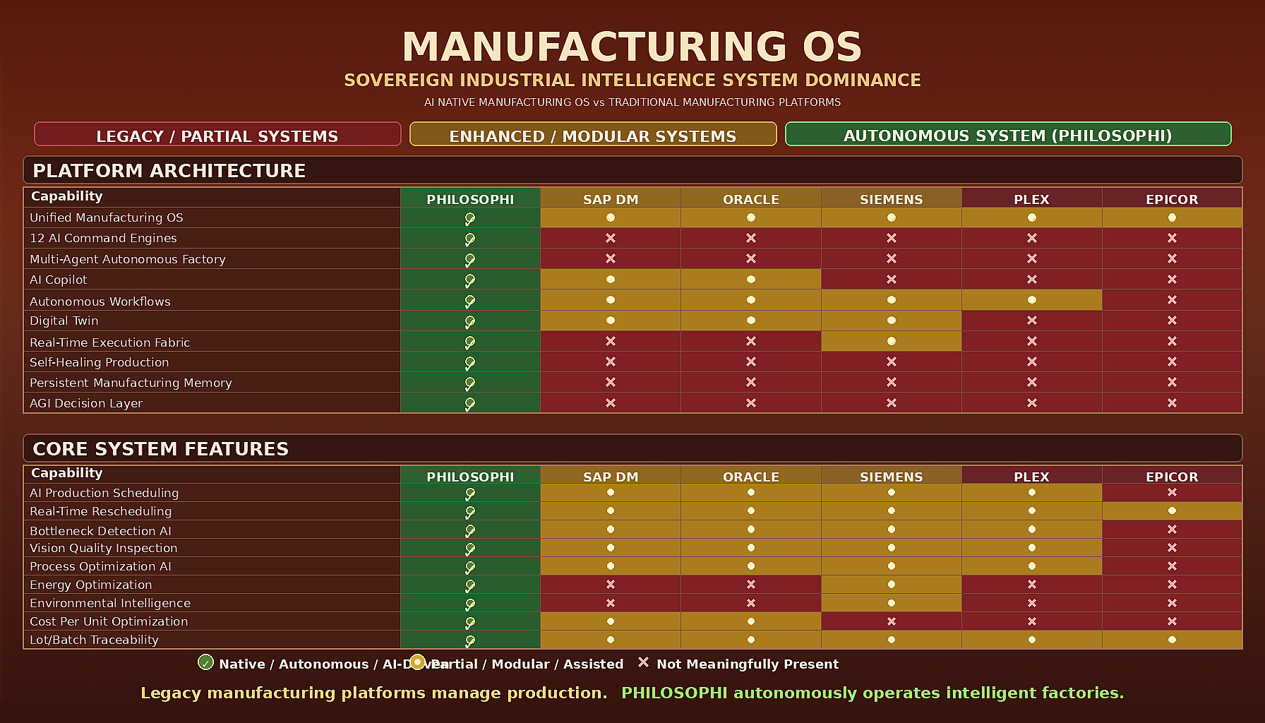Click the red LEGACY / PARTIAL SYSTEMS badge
[217, 135]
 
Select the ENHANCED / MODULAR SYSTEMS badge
[593, 135]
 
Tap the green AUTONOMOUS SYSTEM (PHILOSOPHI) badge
[1007, 134]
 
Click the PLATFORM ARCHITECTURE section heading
[169, 171]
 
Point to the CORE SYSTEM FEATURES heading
[161, 449]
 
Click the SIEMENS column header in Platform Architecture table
[891, 199]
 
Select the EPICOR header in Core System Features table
[1172, 477]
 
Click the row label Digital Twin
[64, 321]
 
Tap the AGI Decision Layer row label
[86, 403]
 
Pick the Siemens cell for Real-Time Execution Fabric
[891, 341]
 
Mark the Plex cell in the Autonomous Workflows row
[1031, 300]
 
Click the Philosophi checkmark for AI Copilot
[470, 280]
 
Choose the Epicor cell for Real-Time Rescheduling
[1172, 510]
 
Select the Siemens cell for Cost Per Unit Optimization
[891, 621]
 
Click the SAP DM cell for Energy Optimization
[611, 585]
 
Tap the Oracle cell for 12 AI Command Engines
[751, 238]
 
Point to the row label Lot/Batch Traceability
[94, 640]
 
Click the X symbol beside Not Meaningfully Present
[643, 662]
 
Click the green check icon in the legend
[205, 662]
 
